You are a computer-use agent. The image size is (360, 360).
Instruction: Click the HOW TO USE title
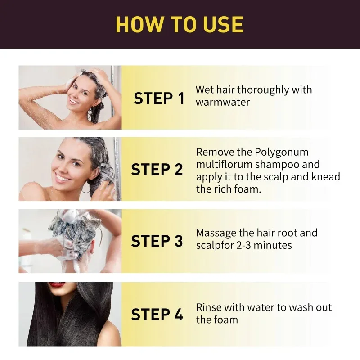pyautogui.click(x=180, y=24)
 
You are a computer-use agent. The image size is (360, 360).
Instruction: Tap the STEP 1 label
pyautogui.click(x=159, y=98)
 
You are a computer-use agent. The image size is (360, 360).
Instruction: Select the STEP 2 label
pyautogui.click(x=157, y=170)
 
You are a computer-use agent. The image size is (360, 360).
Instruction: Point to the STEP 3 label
pyautogui.click(x=157, y=241)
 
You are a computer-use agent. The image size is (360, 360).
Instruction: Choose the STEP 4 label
pyautogui.click(x=157, y=314)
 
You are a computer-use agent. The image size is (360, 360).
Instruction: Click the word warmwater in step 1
pyautogui.click(x=222, y=102)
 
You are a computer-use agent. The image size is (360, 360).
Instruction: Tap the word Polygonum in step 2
pyautogui.click(x=283, y=152)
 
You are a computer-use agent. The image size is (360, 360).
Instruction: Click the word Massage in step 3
pyautogui.click(x=217, y=233)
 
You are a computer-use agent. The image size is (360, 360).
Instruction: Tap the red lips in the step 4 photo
pyautogui.click(x=57, y=285)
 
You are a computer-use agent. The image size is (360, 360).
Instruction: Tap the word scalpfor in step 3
pyautogui.click(x=214, y=245)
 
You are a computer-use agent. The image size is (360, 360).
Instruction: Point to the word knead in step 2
pyautogui.click(x=325, y=176)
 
